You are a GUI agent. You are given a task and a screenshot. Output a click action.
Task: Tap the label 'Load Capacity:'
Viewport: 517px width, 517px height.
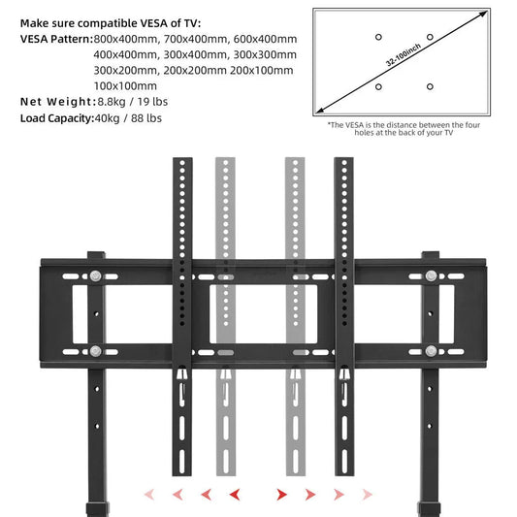55,118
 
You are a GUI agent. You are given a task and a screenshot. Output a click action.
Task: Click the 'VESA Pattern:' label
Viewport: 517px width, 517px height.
55,39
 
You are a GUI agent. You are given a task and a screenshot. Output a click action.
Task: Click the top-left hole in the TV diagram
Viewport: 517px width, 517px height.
378,37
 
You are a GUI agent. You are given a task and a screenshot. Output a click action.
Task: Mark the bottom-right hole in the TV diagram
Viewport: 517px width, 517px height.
430,87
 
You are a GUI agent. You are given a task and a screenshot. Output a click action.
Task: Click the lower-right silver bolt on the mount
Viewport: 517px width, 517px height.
430,350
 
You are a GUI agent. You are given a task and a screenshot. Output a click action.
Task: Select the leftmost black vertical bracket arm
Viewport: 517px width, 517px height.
179,291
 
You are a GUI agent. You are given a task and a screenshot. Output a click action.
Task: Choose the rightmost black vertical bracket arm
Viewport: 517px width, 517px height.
342,291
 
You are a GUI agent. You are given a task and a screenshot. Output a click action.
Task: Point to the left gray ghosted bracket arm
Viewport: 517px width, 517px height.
223,291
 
